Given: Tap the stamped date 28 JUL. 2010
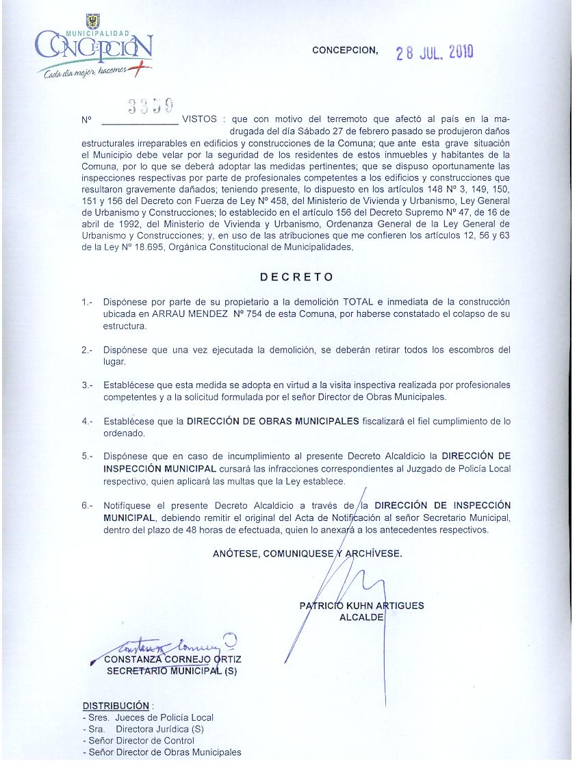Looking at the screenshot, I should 435,52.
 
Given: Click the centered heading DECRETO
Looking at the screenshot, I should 297,277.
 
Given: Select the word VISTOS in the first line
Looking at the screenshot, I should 199,119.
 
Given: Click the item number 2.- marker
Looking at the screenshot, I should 87,350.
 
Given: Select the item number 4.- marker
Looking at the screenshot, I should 87,422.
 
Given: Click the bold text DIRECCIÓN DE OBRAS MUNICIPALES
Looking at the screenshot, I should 272,422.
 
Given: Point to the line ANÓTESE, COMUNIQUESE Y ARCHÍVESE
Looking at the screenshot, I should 307,554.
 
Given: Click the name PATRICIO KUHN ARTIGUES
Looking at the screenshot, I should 361,605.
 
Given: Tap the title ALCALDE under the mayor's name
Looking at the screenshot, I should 361,617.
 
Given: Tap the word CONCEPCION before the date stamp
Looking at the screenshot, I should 345,50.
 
